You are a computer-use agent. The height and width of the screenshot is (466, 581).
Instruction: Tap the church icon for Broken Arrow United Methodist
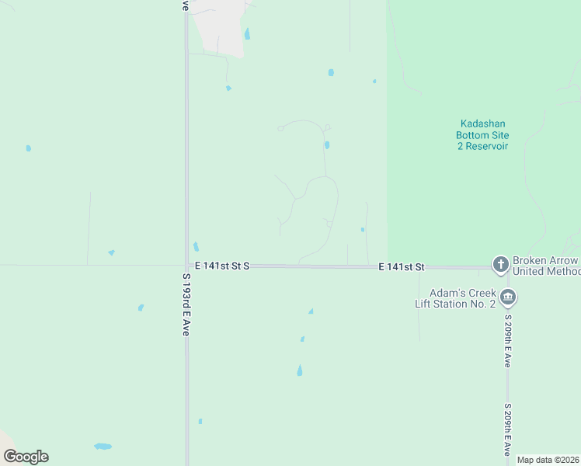coord(501,266)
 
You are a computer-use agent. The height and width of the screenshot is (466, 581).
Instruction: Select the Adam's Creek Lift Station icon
coord(508,297)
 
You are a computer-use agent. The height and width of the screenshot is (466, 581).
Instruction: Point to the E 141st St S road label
coord(222,266)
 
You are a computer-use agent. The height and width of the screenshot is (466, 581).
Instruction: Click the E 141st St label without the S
coord(402,267)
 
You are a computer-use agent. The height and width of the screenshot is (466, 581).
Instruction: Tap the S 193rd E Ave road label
coord(186,304)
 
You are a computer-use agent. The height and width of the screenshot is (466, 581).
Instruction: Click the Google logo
coord(26,457)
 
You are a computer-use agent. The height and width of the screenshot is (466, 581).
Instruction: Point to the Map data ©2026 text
coord(548,460)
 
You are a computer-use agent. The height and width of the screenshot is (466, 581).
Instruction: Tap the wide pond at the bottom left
coord(103,447)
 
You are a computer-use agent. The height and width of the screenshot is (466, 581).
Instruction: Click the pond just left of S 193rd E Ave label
coord(141,308)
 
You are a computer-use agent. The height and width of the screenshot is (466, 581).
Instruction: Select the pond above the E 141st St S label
coord(196,247)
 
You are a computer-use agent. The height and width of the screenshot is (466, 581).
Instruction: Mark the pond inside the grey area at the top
coord(247,34)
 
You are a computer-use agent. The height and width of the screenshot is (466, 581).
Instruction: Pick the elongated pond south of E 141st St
coord(299,371)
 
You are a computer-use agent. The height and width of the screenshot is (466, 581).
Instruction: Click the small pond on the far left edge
coord(29,148)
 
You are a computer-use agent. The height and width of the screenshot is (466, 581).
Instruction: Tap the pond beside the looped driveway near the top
coord(327,144)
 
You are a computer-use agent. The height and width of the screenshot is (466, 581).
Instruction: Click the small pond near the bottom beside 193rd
coord(200,421)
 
